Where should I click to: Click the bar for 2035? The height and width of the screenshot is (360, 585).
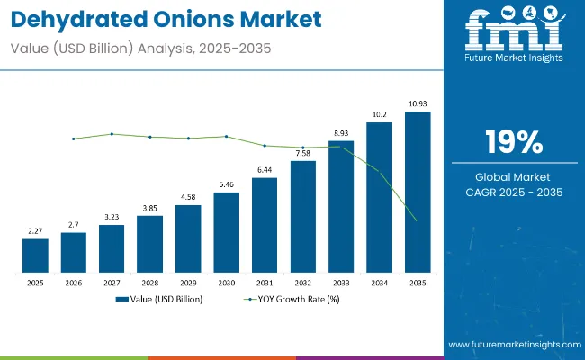418,192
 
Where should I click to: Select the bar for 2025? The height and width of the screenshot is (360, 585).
35,256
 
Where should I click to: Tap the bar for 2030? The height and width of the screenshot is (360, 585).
226,232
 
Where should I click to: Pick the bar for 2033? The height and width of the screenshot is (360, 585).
341,206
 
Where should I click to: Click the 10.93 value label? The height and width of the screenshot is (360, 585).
418,105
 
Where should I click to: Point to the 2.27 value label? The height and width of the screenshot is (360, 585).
35,231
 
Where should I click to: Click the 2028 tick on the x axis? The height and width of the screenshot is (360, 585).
149,282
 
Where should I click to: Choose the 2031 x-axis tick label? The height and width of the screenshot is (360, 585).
265,282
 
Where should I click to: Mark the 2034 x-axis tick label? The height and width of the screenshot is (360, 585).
379,282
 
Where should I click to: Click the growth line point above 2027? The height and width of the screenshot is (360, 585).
112,134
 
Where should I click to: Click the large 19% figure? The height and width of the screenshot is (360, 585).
513,142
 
